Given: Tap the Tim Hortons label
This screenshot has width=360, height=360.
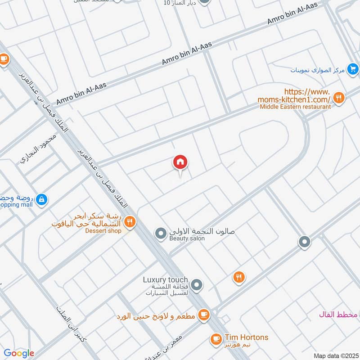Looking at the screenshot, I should coord(247,337).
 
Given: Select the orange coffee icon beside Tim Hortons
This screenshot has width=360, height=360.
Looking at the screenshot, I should coord(216,338).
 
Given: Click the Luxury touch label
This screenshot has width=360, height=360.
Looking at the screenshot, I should coord(165,280).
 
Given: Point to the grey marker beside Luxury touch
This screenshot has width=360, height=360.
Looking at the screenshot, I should coord(196,284).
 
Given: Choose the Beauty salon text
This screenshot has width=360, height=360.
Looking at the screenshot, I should coord(187,238).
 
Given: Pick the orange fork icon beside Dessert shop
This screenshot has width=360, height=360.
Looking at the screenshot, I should coord(130,221).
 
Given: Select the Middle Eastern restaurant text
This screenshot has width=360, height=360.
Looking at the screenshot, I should coord(295,107).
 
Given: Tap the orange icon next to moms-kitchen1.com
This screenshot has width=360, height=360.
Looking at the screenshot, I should coord(339,97).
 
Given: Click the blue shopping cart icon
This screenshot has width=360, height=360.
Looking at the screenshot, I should coord(353,69).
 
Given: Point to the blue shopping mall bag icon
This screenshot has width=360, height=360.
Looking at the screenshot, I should coord(41,199).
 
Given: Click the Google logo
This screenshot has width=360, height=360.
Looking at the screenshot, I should coord(19,353).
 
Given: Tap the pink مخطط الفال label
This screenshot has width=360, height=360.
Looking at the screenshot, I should coord(338,314).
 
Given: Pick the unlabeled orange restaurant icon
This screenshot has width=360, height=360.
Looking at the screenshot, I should coord(239,278).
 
